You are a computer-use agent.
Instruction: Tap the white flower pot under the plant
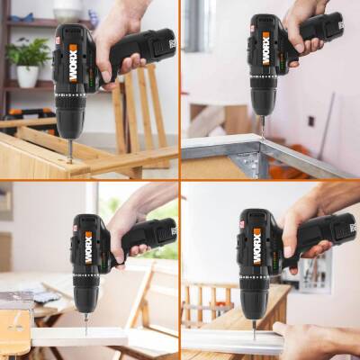tap(28, 76)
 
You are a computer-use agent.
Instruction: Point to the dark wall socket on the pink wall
tap(311, 121)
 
